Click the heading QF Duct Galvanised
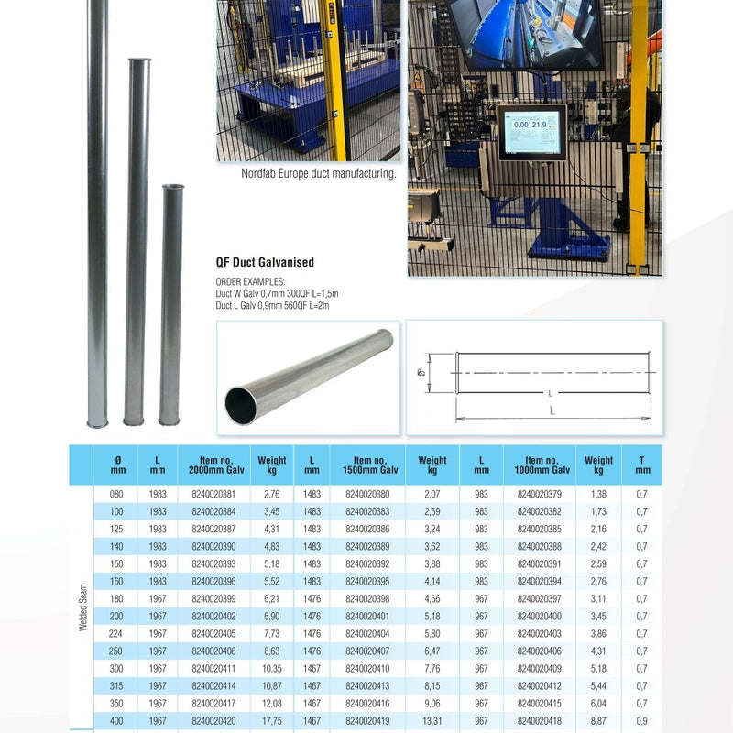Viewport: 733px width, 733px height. [x=265, y=262]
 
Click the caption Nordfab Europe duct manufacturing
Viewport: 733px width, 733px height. [x=318, y=173]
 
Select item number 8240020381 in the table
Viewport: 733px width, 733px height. [x=213, y=494]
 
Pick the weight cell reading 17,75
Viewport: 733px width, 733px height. [x=271, y=721]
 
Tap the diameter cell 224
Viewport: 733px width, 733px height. [x=116, y=633]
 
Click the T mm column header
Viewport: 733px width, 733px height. [x=642, y=465]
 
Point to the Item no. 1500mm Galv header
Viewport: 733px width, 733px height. [x=370, y=465]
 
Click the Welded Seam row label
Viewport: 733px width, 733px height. [x=82, y=607]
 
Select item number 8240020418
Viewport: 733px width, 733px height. [x=540, y=721]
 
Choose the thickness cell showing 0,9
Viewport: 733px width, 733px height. [x=642, y=721]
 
